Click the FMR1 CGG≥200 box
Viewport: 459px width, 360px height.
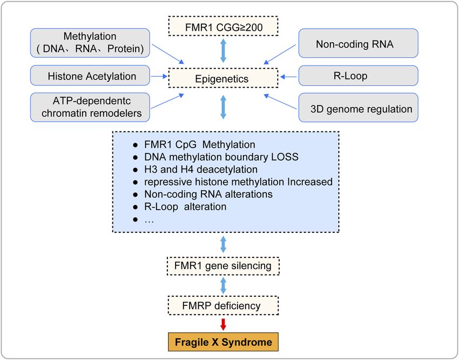point(223,26)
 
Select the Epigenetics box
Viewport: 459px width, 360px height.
point(223,78)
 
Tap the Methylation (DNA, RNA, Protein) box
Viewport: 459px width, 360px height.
point(90,43)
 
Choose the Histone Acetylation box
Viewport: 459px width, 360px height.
point(90,76)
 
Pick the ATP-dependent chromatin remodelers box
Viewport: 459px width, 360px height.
point(90,107)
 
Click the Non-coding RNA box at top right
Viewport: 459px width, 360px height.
point(359,43)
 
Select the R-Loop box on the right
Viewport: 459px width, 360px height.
point(359,76)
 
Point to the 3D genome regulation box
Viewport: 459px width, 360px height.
point(359,108)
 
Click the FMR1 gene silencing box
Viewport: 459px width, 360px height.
point(223,266)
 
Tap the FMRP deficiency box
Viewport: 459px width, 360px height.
point(223,305)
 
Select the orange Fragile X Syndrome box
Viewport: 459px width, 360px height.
point(223,342)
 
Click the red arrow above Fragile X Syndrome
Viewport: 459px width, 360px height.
point(223,324)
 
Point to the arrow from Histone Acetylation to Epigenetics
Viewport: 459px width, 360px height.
point(159,76)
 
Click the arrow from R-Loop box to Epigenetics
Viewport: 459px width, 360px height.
point(289,77)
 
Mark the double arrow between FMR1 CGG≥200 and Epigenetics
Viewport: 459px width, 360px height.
point(223,51)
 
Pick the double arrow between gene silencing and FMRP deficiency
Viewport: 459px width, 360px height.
point(223,285)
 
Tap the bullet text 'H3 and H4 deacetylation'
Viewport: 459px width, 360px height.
point(201,169)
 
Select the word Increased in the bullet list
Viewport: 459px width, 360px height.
point(310,182)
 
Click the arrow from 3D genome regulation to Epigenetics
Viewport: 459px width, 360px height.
point(280,101)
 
